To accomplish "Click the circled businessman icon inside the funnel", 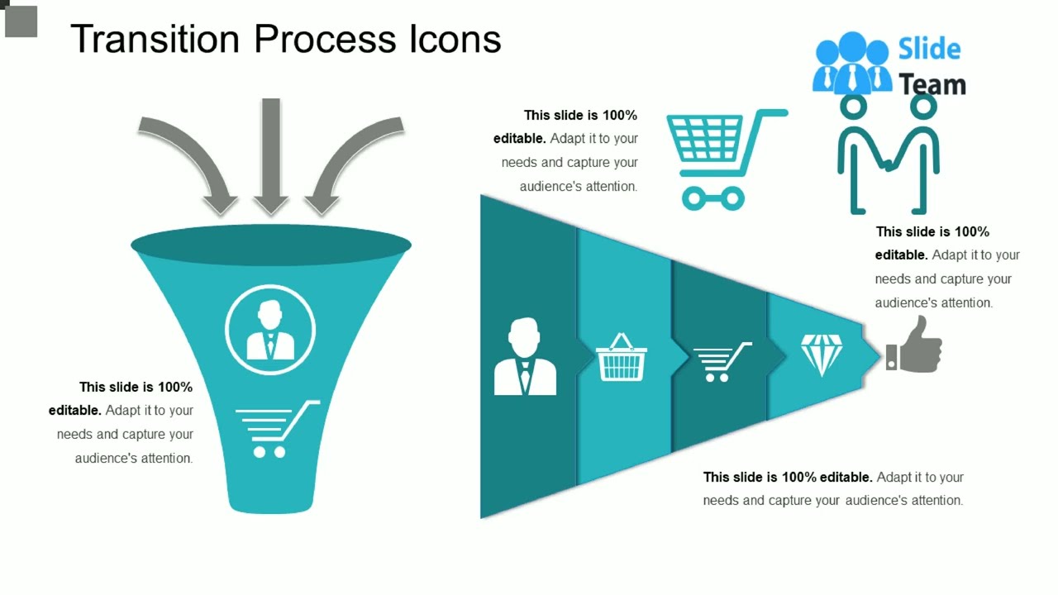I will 270,329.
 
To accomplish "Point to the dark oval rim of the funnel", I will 271,245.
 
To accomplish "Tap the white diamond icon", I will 822,354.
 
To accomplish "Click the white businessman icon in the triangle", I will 525,357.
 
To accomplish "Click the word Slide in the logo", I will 929,50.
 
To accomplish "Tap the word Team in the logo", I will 932,84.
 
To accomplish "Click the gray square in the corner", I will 21,21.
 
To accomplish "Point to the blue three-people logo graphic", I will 851,63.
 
